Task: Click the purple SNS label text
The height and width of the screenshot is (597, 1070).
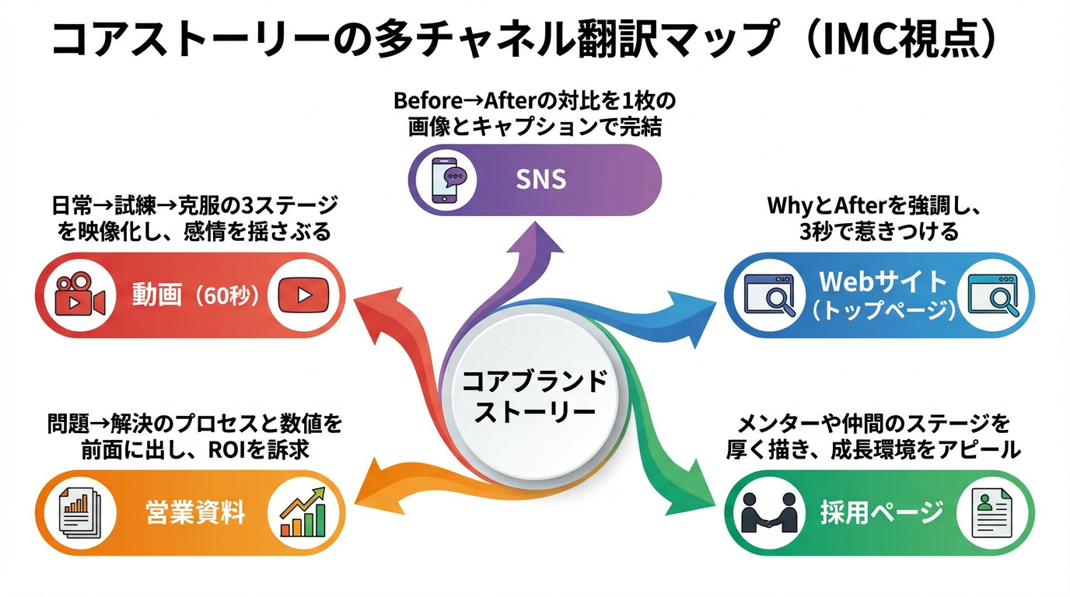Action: click(541, 180)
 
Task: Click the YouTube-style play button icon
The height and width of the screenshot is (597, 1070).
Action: click(304, 295)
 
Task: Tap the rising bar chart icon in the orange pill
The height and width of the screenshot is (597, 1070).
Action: click(302, 512)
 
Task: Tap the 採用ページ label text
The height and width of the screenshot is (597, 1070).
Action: click(881, 513)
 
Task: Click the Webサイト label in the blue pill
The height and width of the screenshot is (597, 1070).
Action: click(882, 281)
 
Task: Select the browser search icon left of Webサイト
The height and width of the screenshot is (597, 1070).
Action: click(768, 295)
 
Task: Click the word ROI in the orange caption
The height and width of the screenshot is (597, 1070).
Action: click(227, 450)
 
